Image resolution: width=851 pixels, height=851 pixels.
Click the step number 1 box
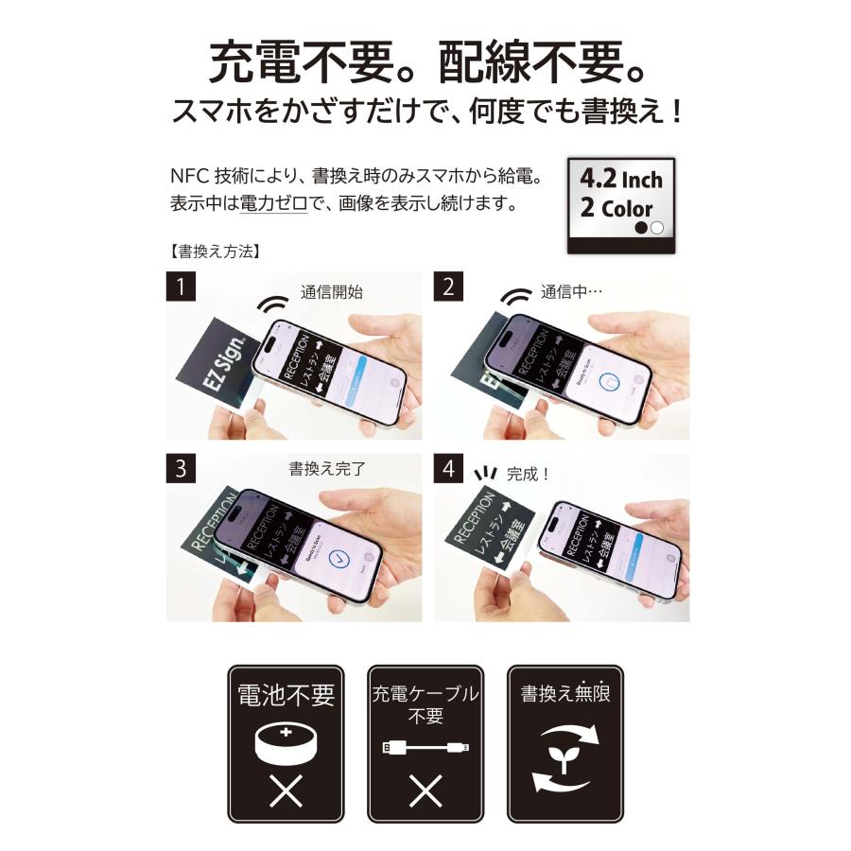pyautogui.click(x=181, y=287)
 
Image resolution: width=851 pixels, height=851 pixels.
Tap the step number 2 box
pyautogui.click(x=449, y=287)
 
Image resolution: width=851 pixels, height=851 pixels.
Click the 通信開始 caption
pyautogui.click(x=332, y=292)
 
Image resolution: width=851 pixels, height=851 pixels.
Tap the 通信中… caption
pyautogui.click(x=571, y=292)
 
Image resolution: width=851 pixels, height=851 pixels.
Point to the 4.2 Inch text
pyautogui.click(x=620, y=179)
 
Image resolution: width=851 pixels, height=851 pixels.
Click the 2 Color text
pyautogui.click(x=616, y=209)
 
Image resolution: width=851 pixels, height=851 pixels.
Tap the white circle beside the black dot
pyautogui.click(x=657, y=228)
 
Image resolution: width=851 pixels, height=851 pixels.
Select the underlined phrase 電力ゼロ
pyautogui.click(x=273, y=202)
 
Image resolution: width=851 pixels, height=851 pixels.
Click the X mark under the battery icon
pyautogui.click(x=286, y=792)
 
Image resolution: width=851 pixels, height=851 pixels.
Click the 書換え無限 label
pyautogui.click(x=565, y=695)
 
